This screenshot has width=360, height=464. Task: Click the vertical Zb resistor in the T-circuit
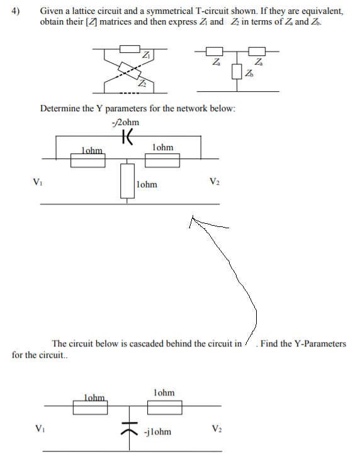point(237,72)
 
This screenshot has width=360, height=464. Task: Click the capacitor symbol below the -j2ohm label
point(128,135)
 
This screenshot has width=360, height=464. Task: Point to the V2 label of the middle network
point(215,182)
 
